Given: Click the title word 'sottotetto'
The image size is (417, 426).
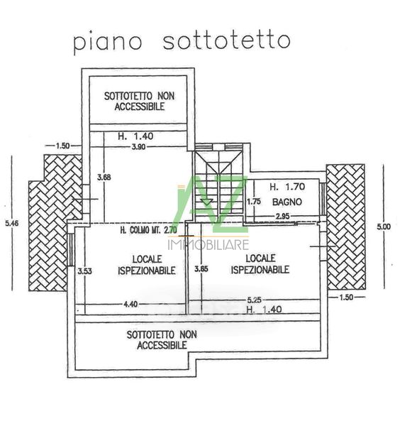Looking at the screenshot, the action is tap(226, 41).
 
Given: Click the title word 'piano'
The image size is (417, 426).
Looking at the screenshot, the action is tap(107, 43).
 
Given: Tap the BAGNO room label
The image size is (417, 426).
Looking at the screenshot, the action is tap(287, 202).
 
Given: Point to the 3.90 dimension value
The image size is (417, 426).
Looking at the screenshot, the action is tap(138, 147).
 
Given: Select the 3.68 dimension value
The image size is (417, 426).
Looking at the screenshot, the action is tap(104, 177).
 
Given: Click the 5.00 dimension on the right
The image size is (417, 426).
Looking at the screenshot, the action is tap(384, 226).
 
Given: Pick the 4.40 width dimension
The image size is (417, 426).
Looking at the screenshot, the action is tap(130, 304).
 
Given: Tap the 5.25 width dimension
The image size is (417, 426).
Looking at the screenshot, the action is tap(254, 300).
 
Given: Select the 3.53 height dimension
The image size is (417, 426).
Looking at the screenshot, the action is tap(84, 271).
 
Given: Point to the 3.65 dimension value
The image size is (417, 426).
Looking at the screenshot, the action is tap(201, 269).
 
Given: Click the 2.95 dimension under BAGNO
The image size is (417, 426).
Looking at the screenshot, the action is tap(282, 217).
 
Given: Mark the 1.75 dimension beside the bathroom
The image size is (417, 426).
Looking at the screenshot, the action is tap(254, 202).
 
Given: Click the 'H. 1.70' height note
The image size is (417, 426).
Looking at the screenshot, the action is tap(287, 187).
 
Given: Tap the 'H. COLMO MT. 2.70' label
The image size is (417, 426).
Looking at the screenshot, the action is tap(148, 230).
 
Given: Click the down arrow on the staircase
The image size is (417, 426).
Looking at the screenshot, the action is tap(207, 202).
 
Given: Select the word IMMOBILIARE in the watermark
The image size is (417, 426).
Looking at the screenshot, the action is tap(208, 244).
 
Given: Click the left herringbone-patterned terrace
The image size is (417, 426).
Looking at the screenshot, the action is tap(55, 223).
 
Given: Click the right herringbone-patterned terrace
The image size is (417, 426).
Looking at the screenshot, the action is tap(345, 227).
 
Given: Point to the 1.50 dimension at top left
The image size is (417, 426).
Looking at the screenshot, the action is tap(62, 146).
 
